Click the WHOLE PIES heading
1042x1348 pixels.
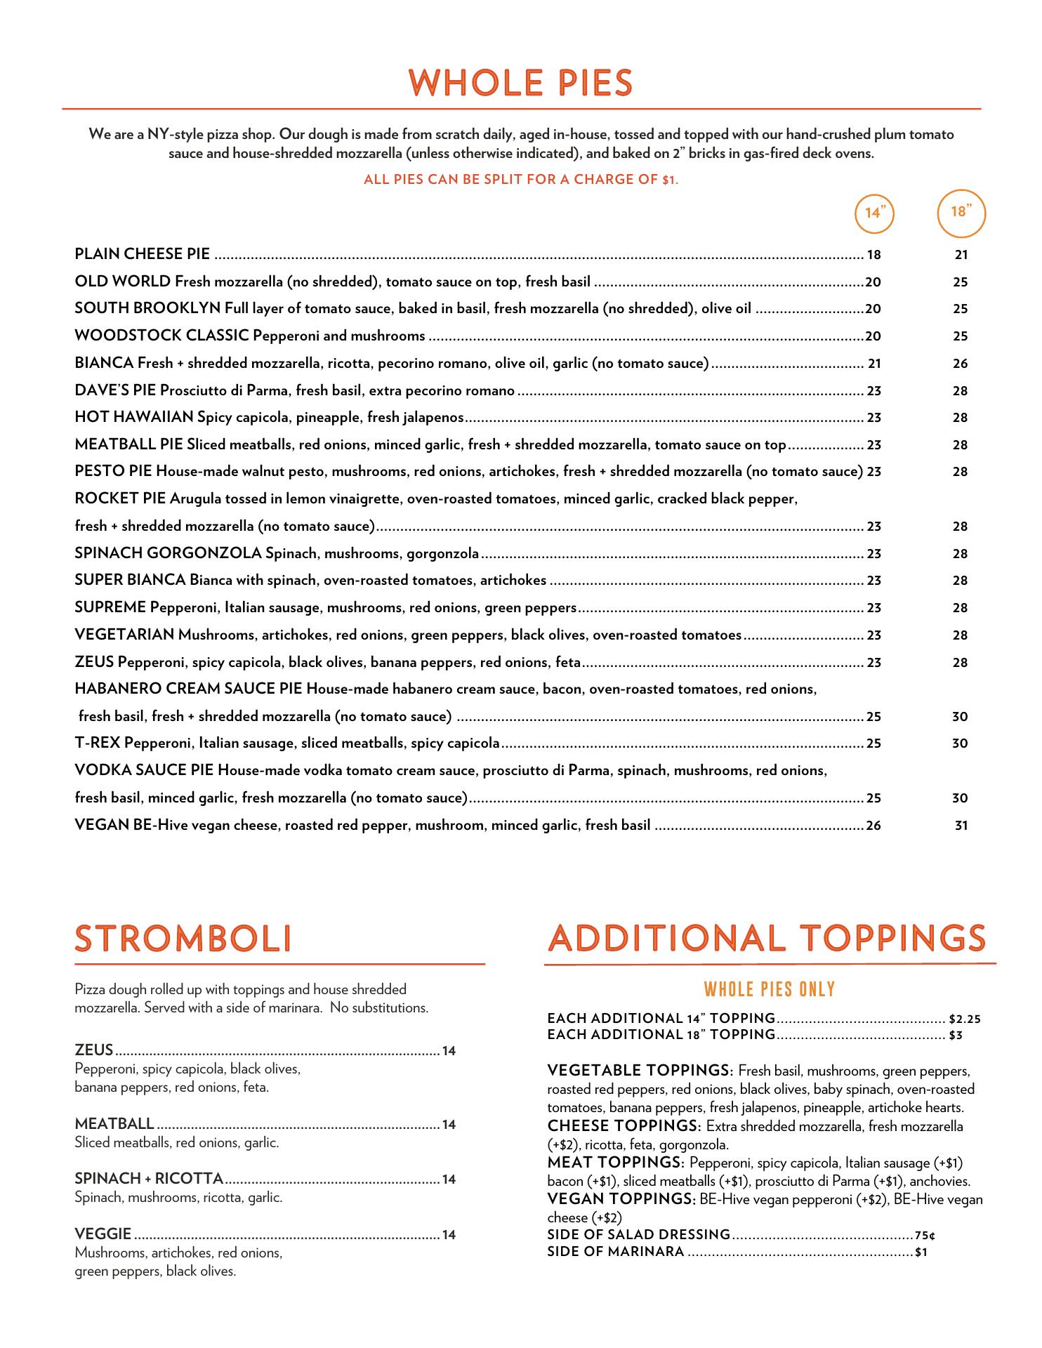coord(521,83)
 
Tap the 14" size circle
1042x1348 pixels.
coord(874,212)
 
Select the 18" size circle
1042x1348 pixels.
coord(961,211)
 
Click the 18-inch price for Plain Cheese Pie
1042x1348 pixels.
coord(961,255)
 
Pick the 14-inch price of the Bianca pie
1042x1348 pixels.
coord(874,364)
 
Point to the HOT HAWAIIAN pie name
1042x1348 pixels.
coord(134,418)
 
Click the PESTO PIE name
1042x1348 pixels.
coord(113,472)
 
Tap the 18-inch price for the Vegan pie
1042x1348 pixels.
coord(961,826)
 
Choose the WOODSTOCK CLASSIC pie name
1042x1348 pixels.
coord(161,336)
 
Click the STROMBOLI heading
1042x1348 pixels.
coord(183,939)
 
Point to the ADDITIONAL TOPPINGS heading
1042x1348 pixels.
coord(767,939)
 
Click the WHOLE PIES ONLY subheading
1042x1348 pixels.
coord(770,990)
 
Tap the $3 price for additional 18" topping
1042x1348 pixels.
coord(955,1036)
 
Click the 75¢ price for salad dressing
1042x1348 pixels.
coord(925,1235)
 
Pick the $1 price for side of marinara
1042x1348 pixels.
coord(921,1252)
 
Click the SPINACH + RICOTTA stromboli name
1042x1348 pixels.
coord(149,1178)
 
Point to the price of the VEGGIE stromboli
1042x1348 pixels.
coord(449,1234)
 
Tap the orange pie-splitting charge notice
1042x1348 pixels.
coord(521,180)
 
